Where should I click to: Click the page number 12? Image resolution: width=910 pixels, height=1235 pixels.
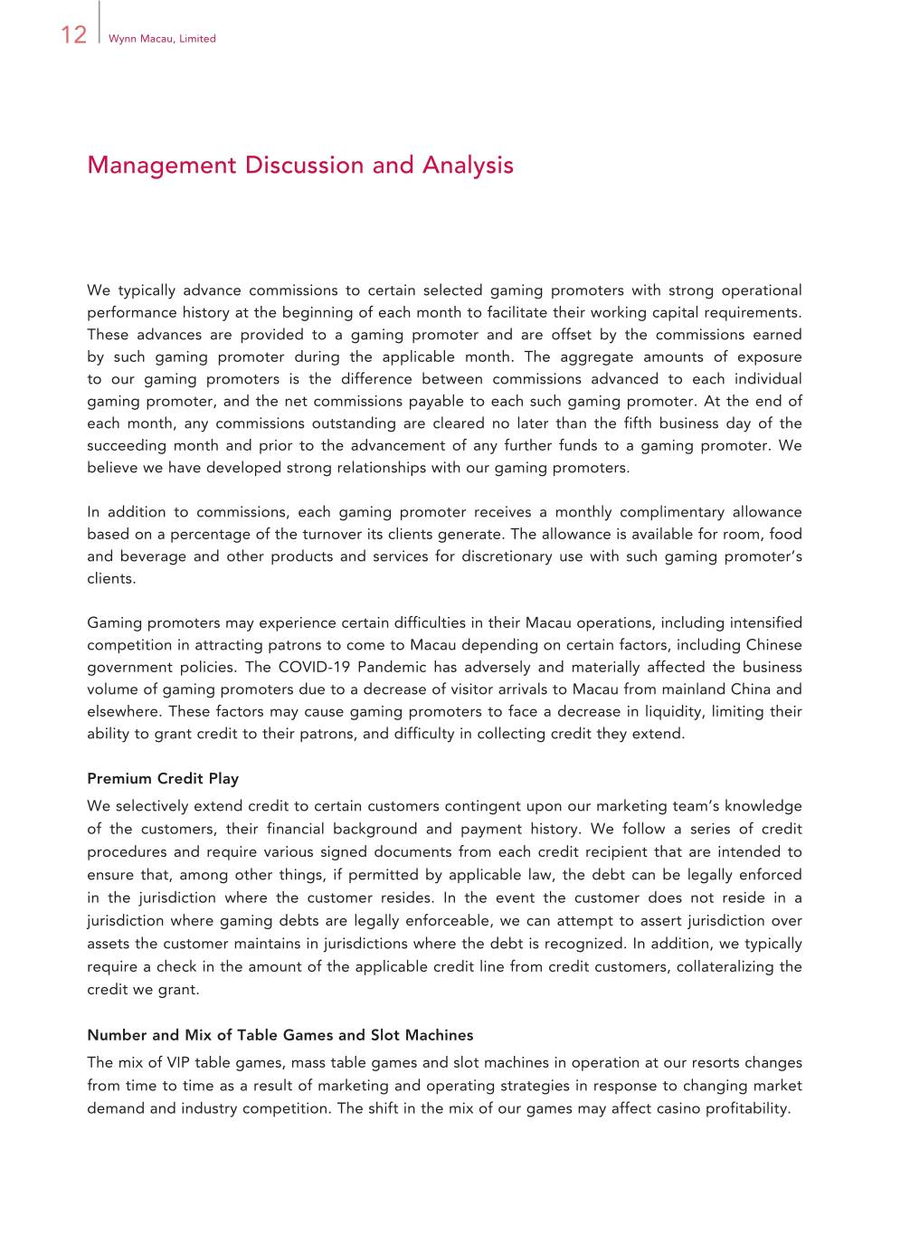coord(73,35)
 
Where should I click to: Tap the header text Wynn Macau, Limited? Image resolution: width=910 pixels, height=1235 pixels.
coord(162,39)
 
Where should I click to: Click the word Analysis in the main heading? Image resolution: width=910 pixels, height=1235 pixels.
coord(468,166)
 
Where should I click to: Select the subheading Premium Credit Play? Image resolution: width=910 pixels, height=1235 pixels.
coord(163,778)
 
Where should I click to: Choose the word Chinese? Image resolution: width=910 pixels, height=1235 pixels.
coord(773,645)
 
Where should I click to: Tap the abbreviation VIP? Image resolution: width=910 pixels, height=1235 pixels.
coord(178,1062)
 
